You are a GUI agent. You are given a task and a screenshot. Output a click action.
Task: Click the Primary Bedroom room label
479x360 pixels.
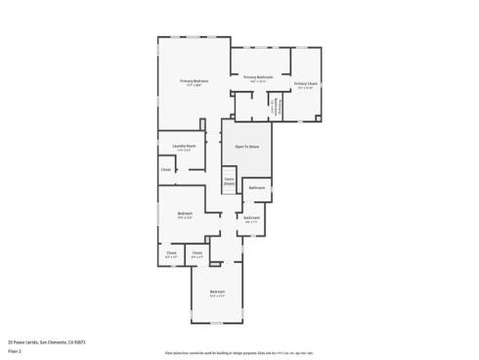[194, 80]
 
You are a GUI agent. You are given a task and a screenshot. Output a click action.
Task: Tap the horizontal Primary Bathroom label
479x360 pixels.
[259, 76]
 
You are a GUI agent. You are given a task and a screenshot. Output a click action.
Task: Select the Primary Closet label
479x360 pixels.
[306, 84]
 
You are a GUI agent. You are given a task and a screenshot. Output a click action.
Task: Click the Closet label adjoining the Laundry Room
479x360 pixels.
[166, 169]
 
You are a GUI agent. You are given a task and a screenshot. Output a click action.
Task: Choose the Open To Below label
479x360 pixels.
[246, 146]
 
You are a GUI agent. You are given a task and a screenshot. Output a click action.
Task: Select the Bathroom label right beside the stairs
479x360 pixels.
[257, 187]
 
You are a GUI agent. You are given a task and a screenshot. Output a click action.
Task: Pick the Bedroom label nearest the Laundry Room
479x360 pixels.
[185, 213]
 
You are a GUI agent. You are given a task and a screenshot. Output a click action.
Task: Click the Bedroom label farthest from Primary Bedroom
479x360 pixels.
[217, 292]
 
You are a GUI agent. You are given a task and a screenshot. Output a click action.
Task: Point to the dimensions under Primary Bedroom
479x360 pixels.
[194, 85]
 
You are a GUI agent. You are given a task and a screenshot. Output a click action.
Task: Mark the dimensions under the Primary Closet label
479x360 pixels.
[306, 88]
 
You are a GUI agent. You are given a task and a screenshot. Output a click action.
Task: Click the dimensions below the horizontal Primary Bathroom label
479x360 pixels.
[259, 81]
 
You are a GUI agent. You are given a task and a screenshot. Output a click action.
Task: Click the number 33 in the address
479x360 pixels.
[11, 342]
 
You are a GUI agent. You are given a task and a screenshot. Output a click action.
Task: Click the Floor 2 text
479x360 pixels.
[15, 350]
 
